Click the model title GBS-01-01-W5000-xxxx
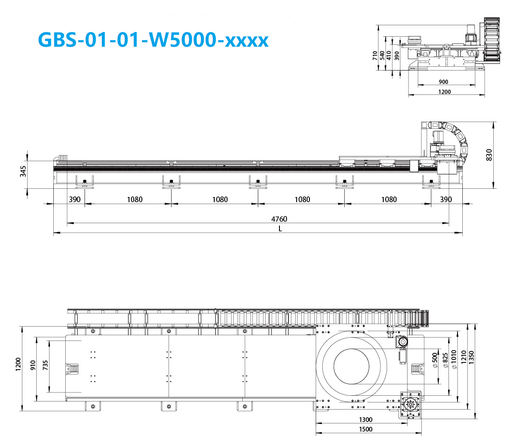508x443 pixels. [153, 40]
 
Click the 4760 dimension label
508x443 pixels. [279, 219]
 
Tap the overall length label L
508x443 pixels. [280, 229]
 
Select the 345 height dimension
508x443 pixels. [23, 171]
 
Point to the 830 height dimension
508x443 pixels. [489, 155]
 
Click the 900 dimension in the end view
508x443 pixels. [444, 82]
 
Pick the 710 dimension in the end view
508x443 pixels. [375, 55]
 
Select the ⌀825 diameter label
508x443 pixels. [446, 360]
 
